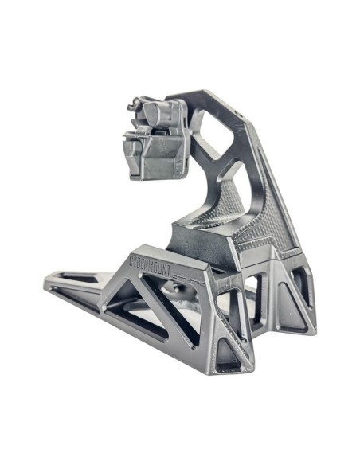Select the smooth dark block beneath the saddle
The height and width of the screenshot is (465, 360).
point(199,239)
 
